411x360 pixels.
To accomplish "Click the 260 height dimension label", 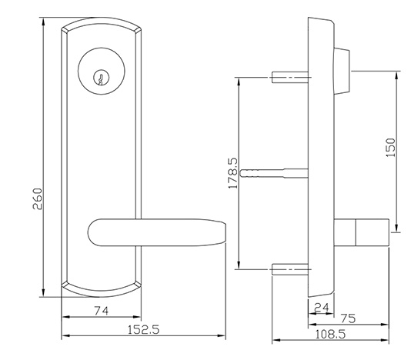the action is point(38,198).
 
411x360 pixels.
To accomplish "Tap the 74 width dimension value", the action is point(101,311).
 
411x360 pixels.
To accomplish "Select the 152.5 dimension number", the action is point(143,329).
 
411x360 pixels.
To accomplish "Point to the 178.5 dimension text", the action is point(233,173).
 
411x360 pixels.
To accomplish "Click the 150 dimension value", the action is point(390,148).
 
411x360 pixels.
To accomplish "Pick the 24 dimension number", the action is point(322,307).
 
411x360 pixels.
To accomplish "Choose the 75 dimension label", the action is point(349,318).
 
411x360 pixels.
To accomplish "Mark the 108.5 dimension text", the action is point(330,335).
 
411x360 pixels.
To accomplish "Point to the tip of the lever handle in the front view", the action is point(226,232).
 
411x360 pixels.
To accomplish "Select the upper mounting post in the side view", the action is point(290,77).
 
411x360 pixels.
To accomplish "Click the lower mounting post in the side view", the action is point(290,269).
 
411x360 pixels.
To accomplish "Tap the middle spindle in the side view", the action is point(274,173).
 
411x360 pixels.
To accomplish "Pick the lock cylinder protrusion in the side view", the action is point(342,71).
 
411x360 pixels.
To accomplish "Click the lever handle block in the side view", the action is point(362,232).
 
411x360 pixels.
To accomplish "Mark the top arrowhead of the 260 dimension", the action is point(44,22).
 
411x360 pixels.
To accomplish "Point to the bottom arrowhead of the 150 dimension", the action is point(397,228).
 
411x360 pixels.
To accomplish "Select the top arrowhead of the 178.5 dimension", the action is point(239,82).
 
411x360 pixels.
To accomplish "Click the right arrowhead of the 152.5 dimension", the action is point(221,335).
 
